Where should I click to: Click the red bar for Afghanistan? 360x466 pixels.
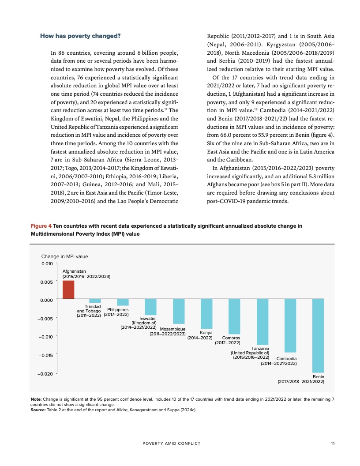click(x=68, y=290)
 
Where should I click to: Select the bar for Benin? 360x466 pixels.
click(x=318, y=336)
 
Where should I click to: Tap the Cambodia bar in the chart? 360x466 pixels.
click(x=290, y=326)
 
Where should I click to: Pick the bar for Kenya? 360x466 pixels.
click(x=206, y=314)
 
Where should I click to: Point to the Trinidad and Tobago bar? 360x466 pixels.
click(x=95, y=301)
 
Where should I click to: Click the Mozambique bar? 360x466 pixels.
click(x=179, y=312)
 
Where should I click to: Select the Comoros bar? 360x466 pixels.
click(x=234, y=316)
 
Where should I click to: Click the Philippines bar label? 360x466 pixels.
click(x=116, y=312)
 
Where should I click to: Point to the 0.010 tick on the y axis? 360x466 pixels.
click(x=47, y=263)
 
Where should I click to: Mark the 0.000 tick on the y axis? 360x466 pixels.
click(x=47, y=300)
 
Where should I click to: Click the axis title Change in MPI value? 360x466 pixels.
click(x=64, y=256)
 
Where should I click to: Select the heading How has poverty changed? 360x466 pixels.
click(x=80, y=35)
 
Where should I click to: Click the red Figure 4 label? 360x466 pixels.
click(x=41, y=226)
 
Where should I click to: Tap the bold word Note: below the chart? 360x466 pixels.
click(x=36, y=399)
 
